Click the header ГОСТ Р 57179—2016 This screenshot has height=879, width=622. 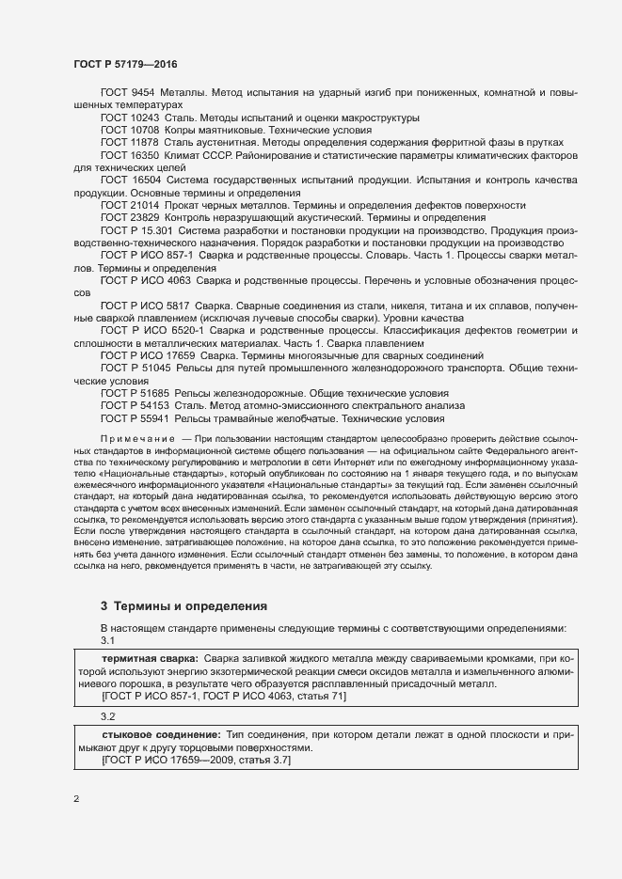click(x=125, y=63)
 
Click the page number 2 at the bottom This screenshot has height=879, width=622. click(x=76, y=799)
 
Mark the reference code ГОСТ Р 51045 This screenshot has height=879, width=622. click(x=137, y=369)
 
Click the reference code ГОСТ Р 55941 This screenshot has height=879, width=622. click(x=137, y=418)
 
